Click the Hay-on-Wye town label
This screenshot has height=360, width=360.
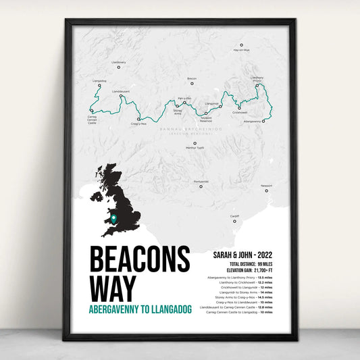point(241,50)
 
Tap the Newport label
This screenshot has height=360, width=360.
point(266,185)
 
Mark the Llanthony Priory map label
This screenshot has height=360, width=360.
point(257,79)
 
